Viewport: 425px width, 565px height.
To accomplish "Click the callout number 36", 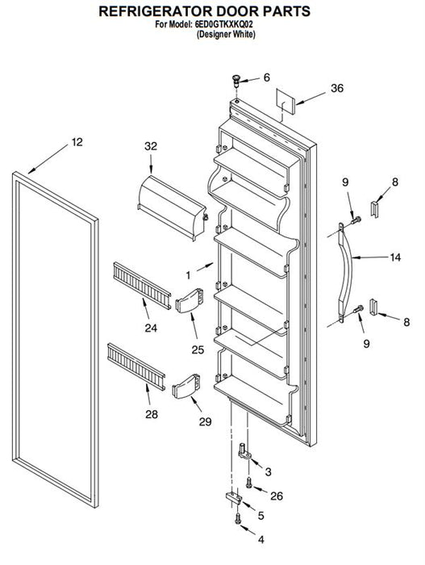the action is (x=337, y=88).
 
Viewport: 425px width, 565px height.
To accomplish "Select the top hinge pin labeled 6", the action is (x=236, y=82).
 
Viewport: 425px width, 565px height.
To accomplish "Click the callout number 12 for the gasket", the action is (x=77, y=142).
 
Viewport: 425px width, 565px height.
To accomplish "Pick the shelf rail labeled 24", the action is (x=142, y=286).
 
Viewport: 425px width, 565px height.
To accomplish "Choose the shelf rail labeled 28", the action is (x=136, y=366).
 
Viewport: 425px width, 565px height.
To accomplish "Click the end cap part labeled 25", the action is (x=189, y=299).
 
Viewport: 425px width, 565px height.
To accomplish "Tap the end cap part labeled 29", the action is (x=185, y=387).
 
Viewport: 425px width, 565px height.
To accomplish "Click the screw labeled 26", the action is (x=249, y=483).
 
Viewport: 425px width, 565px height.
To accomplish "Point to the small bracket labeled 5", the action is (x=234, y=497).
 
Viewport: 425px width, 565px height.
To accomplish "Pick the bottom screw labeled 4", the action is (x=237, y=518).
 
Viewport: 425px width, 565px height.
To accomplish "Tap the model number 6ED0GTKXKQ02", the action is (x=224, y=25).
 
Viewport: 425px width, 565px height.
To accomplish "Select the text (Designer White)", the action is (x=226, y=35).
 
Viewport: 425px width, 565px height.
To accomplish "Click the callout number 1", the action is (x=188, y=276).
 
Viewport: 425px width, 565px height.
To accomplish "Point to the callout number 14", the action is (x=395, y=257).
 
